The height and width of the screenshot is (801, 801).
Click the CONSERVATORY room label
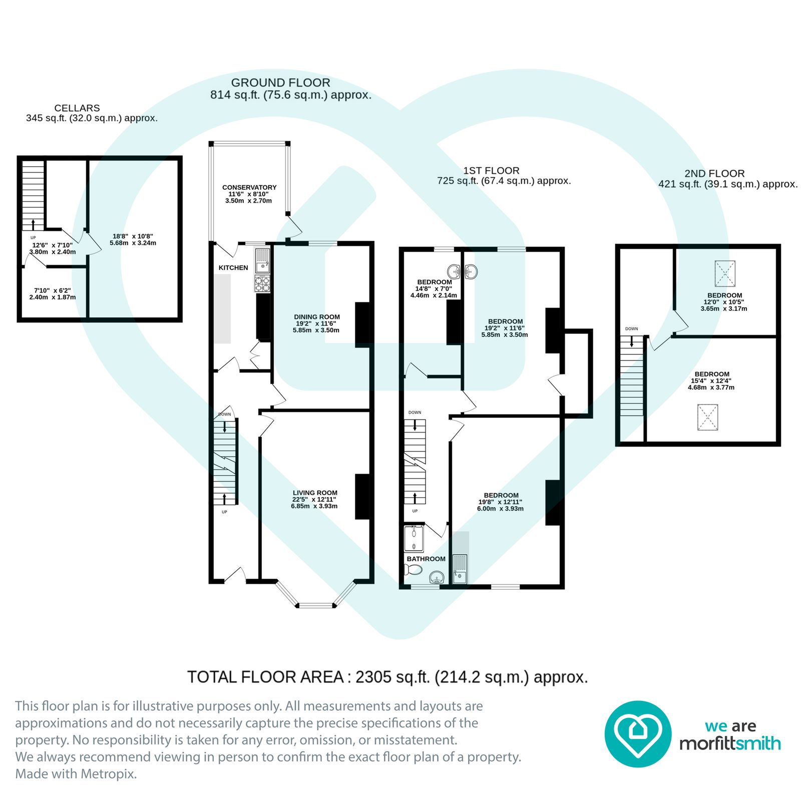249,187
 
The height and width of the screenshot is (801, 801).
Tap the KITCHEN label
233,268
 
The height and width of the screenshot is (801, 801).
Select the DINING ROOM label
317,317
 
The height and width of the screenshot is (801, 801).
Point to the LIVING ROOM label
315,493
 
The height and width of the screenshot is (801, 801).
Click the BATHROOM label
426,559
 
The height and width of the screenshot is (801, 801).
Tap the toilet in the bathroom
413,569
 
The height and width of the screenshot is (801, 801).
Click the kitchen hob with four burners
263,284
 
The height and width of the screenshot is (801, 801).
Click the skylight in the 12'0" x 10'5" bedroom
725,273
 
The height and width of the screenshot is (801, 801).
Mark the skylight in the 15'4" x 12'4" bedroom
708,418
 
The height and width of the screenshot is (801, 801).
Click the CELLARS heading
77,108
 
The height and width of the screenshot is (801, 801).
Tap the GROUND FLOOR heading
280,83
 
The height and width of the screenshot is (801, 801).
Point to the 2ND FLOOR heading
714,174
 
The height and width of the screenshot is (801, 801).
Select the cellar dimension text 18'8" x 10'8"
133,236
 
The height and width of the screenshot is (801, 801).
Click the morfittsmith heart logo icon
638,734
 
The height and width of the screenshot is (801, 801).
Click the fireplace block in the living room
363,497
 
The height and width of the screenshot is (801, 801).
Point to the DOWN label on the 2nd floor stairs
632,329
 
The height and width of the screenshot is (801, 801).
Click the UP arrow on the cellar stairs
34,224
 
